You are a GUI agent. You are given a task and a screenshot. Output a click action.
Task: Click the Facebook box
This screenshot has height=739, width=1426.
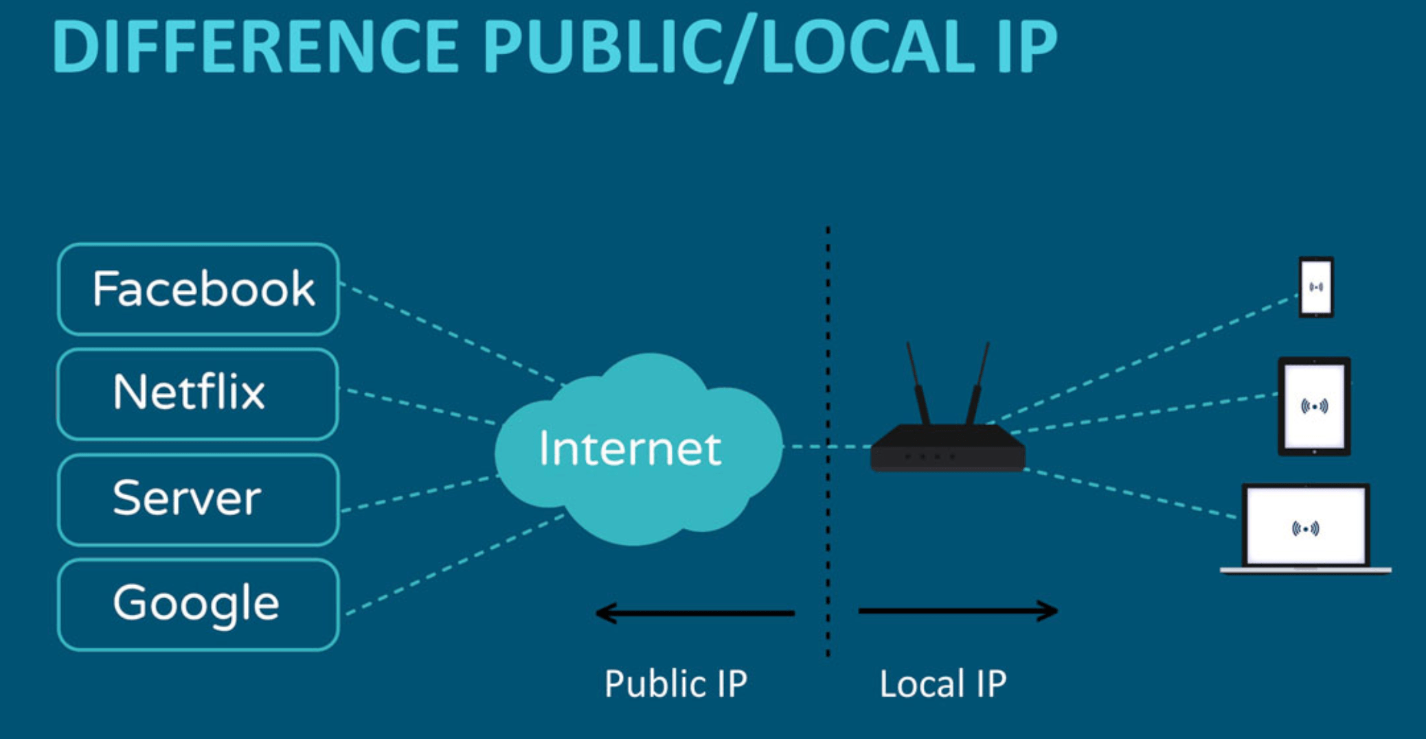point(198,289)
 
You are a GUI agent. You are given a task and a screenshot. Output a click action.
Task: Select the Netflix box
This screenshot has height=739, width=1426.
point(198,394)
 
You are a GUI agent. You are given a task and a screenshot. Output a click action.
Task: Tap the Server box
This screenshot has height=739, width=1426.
point(198,499)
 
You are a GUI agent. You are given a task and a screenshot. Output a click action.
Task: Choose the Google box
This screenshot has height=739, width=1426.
point(198,604)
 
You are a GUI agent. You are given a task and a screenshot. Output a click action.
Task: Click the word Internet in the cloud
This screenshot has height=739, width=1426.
point(629,449)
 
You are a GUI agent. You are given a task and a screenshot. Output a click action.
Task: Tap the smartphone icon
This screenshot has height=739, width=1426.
point(1315,287)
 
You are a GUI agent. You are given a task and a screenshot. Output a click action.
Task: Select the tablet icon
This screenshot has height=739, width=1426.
point(1314,407)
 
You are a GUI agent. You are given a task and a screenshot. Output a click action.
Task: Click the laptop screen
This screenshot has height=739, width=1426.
point(1306,525)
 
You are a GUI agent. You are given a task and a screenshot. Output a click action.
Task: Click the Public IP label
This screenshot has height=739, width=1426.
point(675,684)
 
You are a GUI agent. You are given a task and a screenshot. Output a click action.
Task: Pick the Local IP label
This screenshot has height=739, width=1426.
point(942,684)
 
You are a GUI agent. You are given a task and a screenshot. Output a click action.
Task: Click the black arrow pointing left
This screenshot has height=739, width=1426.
point(694,613)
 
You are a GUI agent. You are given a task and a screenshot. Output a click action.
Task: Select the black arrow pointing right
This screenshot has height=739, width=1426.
point(958,611)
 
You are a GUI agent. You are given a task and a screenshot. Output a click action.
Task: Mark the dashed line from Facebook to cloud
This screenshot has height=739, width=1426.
point(453,334)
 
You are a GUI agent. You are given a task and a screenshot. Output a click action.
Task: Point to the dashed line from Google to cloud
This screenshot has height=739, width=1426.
point(453,565)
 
